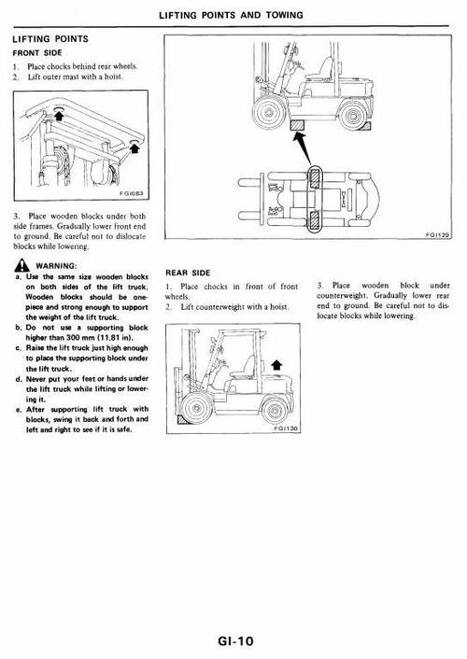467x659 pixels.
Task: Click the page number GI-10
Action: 233,641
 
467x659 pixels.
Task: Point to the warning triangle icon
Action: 18,266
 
